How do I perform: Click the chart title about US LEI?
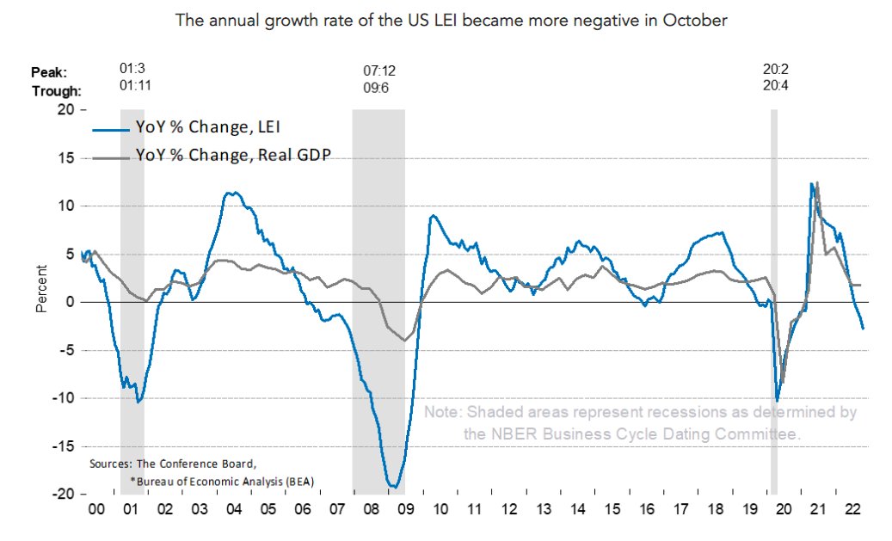452,20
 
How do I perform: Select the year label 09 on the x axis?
403,510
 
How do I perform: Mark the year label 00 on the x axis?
96,510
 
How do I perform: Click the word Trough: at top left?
57,90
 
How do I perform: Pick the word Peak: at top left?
50,72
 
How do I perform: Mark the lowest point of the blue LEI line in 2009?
395,488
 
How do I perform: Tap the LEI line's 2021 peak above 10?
811,183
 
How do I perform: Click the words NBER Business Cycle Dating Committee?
632,434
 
